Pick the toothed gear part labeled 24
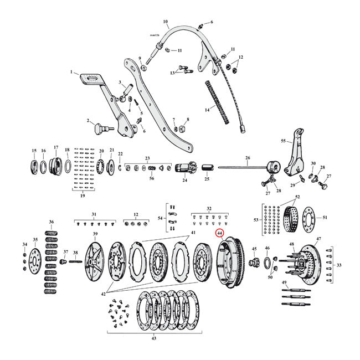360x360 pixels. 184,168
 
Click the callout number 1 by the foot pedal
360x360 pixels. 71,72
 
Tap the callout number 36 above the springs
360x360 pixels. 52,223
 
